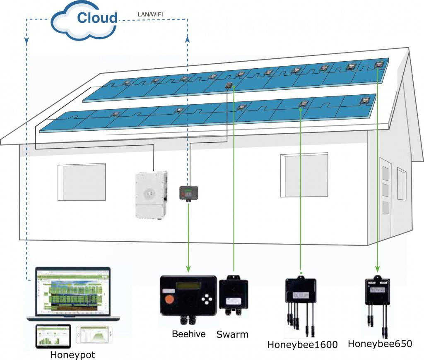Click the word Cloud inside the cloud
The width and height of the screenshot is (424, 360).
click(x=97, y=18)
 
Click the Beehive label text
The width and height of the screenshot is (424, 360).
click(x=189, y=334)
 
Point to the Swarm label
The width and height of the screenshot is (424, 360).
click(x=232, y=334)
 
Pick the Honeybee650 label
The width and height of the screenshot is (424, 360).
click(x=380, y=343)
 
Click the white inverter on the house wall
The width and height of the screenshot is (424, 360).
click(x=151, y=195)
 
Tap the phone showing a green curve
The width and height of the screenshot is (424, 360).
click(x=94, y=335)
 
